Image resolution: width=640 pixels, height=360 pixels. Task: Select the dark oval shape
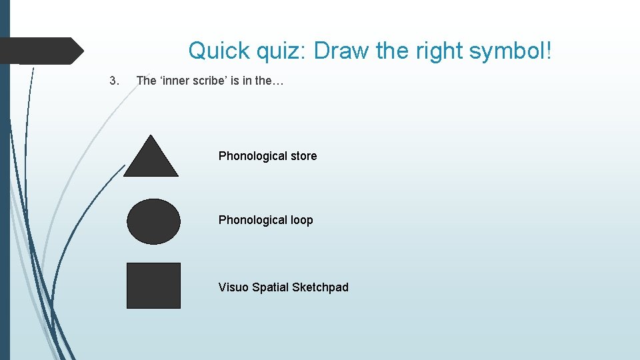(x=153, y=221)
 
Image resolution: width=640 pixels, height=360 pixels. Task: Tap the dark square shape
(x=153, y=285)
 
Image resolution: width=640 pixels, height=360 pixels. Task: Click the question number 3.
(x=113, y=81)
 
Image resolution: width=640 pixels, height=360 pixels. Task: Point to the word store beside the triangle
(x=303, y=156)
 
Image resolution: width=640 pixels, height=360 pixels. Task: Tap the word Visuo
(x=233, y=287)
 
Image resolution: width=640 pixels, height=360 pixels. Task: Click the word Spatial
(x=270, y=287)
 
